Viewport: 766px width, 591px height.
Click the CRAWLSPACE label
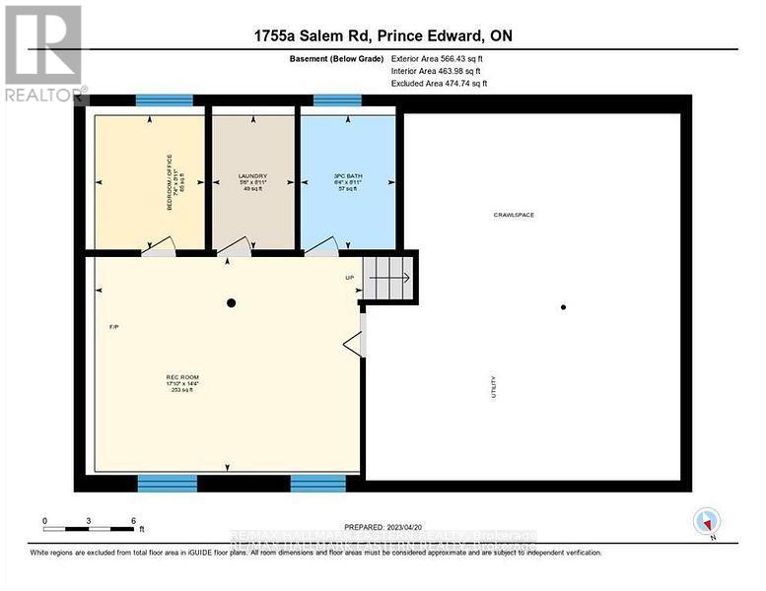pos(515,215)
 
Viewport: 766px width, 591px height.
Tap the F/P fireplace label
pos(113,326)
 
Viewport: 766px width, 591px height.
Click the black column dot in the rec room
pos(231,303)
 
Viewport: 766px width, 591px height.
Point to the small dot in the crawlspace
pos(564,307)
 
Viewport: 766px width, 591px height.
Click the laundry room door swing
pos(234,247)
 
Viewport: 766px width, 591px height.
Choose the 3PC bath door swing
pos(322,247)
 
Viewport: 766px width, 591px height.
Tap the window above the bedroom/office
pos(164,99)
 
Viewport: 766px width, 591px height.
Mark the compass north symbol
pos(707,522)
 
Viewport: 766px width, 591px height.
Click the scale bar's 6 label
pos(132,520)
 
